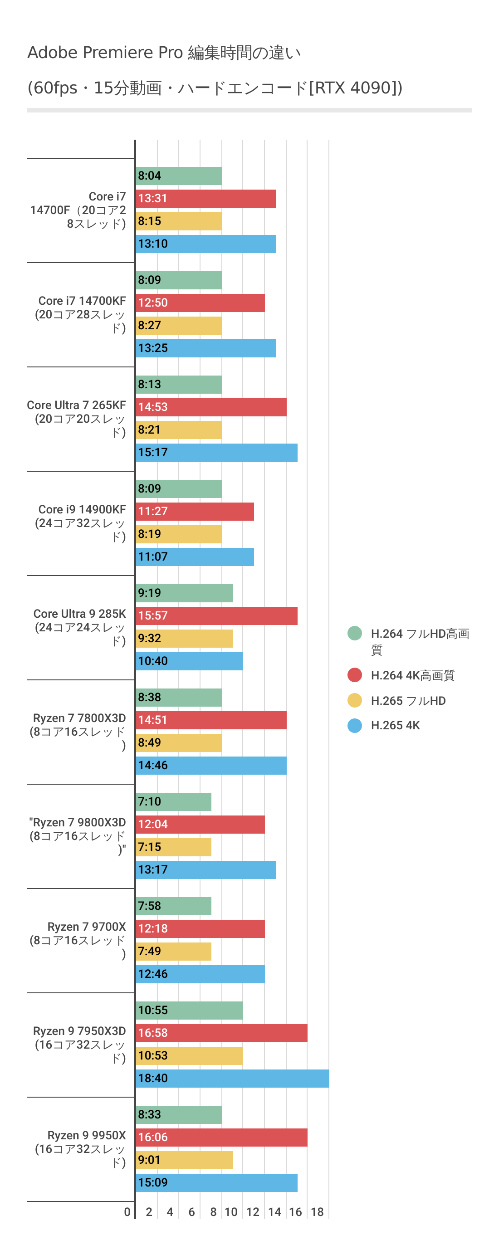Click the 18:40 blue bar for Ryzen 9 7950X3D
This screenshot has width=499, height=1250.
(232, 1078)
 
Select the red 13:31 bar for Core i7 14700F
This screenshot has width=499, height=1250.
(205, 199)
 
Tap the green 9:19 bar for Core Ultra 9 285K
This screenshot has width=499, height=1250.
(184, 593)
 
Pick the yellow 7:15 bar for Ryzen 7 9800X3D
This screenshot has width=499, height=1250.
(173, 847)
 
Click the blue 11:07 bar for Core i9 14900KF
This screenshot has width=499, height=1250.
(195, 557)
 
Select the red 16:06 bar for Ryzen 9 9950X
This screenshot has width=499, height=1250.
(221, 1138)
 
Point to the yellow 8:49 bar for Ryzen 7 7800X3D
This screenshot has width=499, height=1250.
(179, 743)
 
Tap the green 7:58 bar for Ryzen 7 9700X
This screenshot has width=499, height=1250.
(173, 906)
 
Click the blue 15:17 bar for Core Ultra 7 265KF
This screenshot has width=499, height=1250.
(216, 453)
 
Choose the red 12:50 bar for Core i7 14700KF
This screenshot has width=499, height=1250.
(200, 303)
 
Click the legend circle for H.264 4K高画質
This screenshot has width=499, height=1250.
(355, 675)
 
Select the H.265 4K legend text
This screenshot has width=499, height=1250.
(395, 725)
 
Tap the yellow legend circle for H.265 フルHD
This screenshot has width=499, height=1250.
(355, 700)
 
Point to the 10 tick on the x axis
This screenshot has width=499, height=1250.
(231, 1212)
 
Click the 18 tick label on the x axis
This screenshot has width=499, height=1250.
(317, 1212)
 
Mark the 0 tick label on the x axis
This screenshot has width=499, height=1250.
(127, 1212)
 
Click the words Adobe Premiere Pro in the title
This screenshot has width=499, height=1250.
(105, 53)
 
